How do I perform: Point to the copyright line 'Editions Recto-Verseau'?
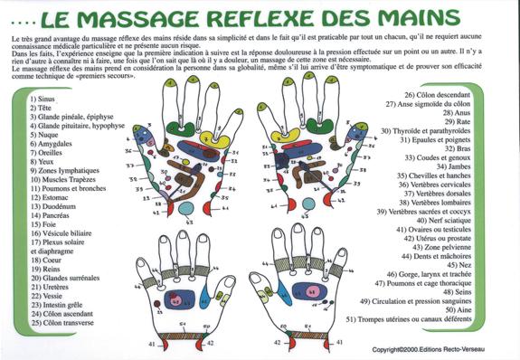462,349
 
